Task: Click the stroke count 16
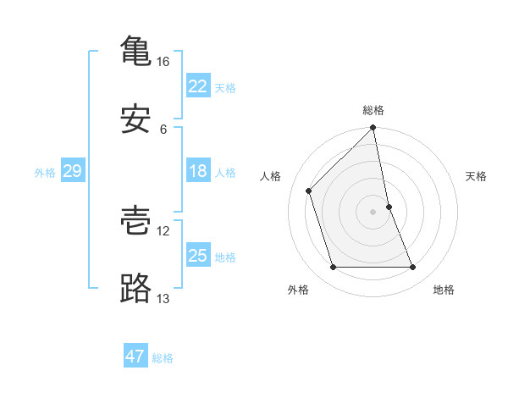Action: point(163,62)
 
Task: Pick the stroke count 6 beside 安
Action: point(163,129)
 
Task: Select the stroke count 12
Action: point(163,230)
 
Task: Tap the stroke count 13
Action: point(163,298)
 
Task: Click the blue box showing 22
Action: point(197,86)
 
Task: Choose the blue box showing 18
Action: point(197,171)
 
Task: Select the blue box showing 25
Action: point(197,256)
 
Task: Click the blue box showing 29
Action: point(72,171)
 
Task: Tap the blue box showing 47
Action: point(135,357)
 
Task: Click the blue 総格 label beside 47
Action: point(163,358)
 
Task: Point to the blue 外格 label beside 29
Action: point(45,173)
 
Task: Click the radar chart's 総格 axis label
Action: point(373,110)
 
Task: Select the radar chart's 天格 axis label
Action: point(477,176)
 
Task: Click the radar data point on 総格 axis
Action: point(373,129)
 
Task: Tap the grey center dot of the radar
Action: point(373,212)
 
